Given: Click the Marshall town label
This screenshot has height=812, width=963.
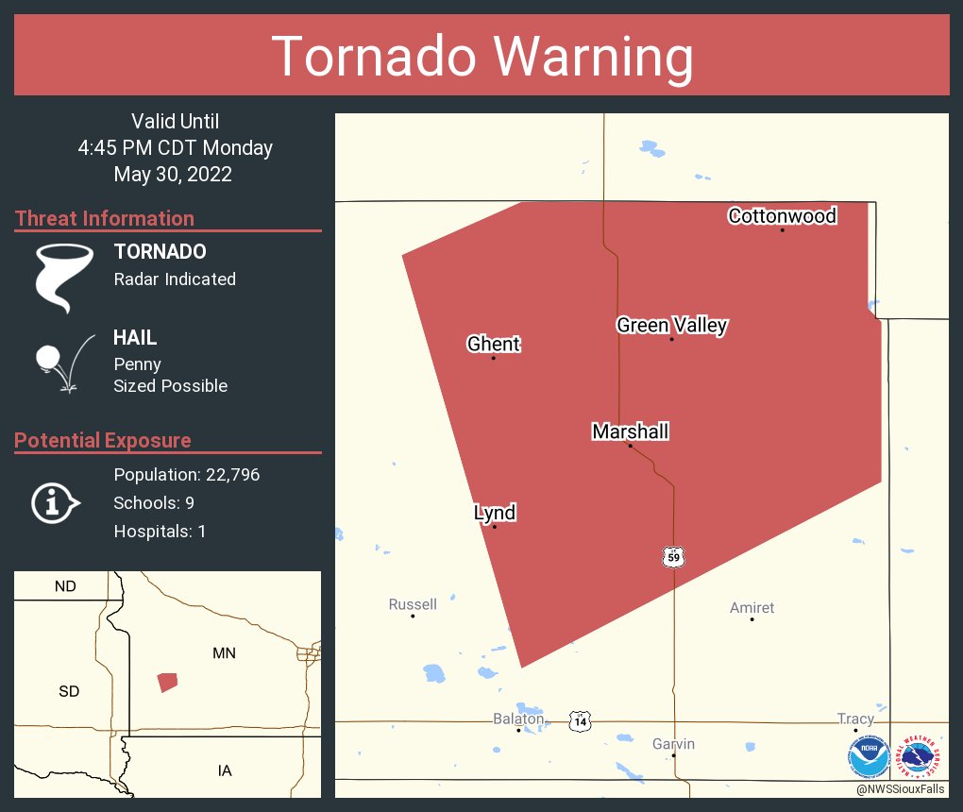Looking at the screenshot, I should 630,431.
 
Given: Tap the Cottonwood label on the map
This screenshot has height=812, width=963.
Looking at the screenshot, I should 782,216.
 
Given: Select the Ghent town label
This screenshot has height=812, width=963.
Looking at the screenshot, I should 493,344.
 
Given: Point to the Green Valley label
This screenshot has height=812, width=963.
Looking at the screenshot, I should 671,325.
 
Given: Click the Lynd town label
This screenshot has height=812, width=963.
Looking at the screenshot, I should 494,513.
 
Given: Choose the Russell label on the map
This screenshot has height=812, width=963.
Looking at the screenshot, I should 413,604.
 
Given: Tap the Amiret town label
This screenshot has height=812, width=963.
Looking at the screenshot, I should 752,607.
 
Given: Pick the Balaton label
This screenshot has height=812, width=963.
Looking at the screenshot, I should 518,719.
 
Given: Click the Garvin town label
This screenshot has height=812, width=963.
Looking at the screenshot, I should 673,744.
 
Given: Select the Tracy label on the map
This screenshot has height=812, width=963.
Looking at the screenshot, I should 855,719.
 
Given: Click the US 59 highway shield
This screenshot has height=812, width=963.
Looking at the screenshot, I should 672,557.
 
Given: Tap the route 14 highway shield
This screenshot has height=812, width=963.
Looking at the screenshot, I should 580,721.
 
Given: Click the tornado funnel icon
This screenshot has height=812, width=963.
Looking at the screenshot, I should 63,277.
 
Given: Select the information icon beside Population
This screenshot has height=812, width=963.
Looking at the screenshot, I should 55,503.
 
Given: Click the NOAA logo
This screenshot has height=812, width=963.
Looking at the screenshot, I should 869,756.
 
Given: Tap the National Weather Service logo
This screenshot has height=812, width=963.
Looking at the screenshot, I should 921,756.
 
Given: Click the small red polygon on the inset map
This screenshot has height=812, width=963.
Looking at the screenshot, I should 167,682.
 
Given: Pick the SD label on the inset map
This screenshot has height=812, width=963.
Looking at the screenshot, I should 69,691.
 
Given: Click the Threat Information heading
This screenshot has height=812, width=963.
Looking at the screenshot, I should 105,218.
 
